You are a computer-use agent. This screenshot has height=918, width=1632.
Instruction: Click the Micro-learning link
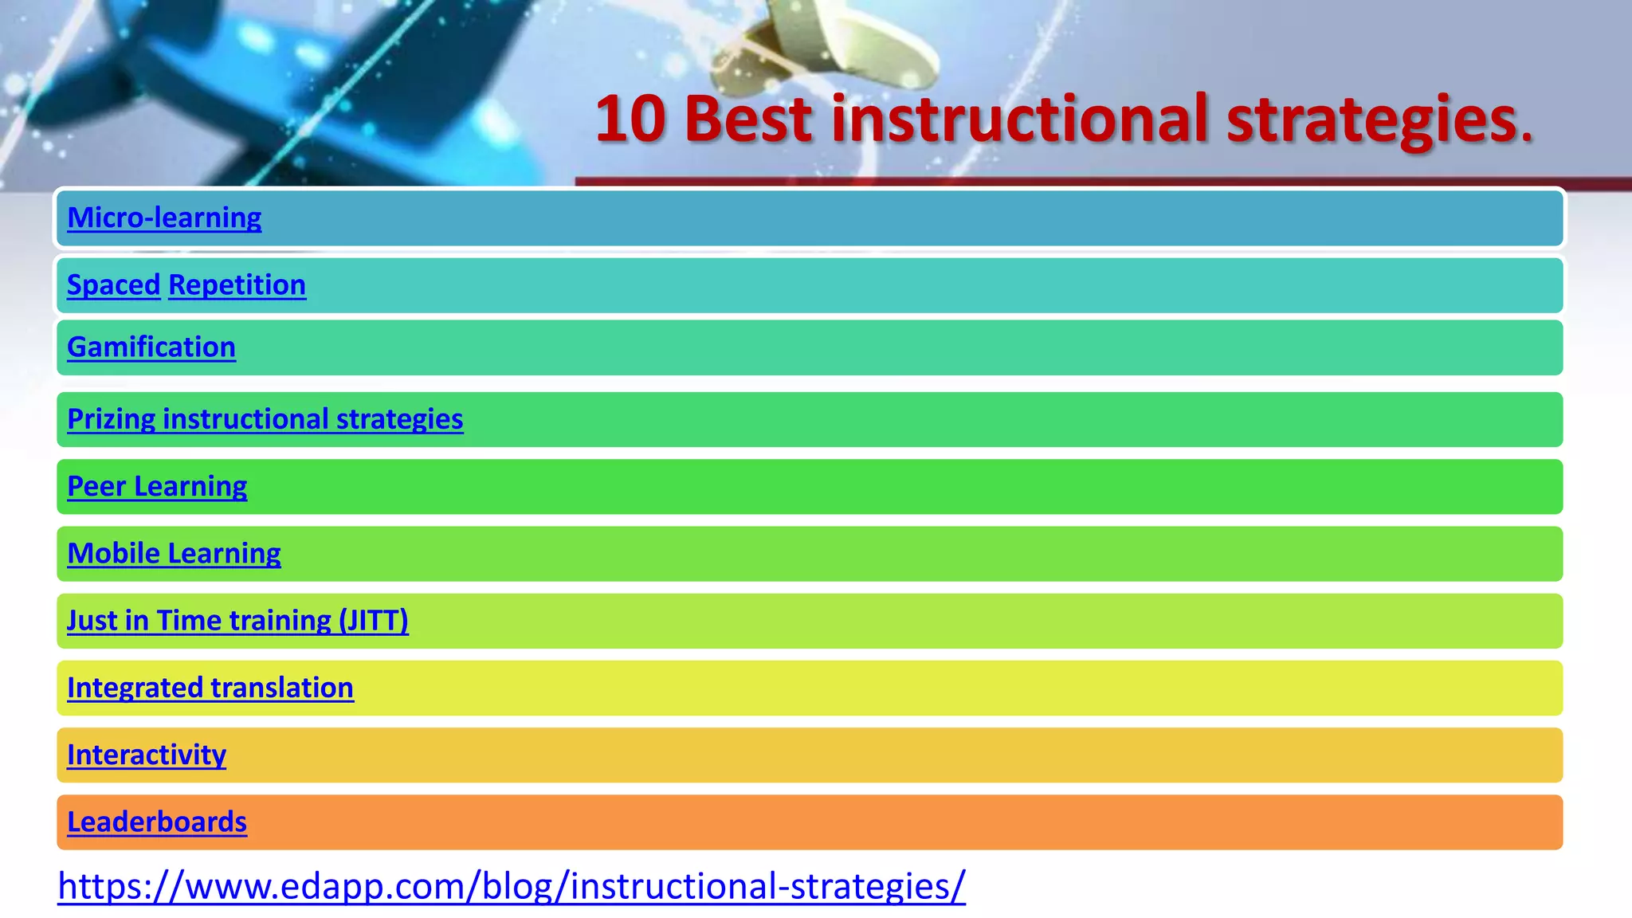(164, 218)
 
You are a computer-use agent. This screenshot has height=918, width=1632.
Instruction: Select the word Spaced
(113, 284)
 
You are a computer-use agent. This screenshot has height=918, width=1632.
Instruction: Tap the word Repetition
(237, 284)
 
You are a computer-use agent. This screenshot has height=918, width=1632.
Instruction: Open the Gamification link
(151, 347)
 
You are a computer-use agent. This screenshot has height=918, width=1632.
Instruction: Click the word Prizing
(111, 419)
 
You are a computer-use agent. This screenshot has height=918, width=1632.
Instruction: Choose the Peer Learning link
(157, 486)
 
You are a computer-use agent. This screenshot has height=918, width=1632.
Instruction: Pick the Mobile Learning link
(174, 553)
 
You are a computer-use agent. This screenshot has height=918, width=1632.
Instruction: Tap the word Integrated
(135, 688)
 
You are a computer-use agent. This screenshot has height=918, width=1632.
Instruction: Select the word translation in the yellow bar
(282, 688)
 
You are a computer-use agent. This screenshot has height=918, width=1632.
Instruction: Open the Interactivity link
(147, 755)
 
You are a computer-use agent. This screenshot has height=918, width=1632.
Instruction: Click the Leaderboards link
(157, 822)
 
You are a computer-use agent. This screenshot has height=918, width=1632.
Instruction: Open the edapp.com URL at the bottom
(512, 885)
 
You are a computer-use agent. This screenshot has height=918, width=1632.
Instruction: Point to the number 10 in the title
(630, 120)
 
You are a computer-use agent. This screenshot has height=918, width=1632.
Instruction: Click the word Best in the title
(747, 120)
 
